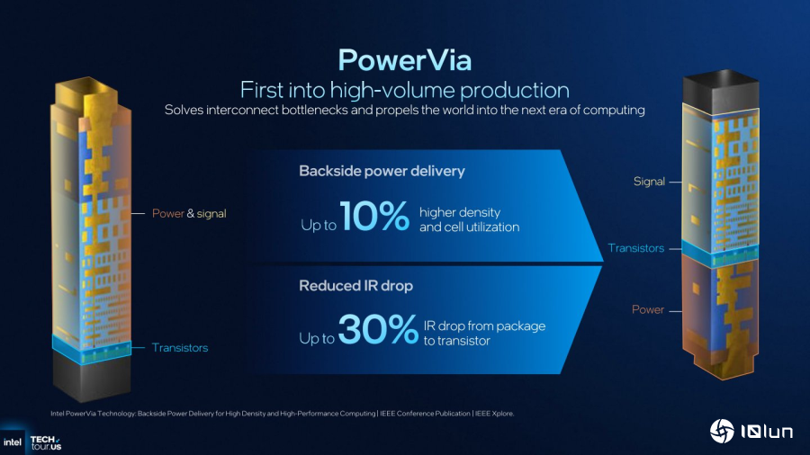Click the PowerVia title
pos(404,60)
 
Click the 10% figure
pos(374,216)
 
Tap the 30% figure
pos(378,328)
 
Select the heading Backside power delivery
pos(382,171)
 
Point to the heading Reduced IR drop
pos(355,286)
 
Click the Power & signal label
pos(189,214)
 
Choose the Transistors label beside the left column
pos(180,348)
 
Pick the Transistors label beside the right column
pos(636,248)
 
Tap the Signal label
pos(649,182)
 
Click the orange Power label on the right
pos(648,309)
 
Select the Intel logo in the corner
pos(13,442)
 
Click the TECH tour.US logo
pos(46,442)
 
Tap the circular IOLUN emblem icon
pos(722,431)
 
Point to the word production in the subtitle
pos(515,90)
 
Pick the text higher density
pos(460,212)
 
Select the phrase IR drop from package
pos(484,326)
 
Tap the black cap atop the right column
pos(721,92)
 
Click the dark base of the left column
pos(92,377)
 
